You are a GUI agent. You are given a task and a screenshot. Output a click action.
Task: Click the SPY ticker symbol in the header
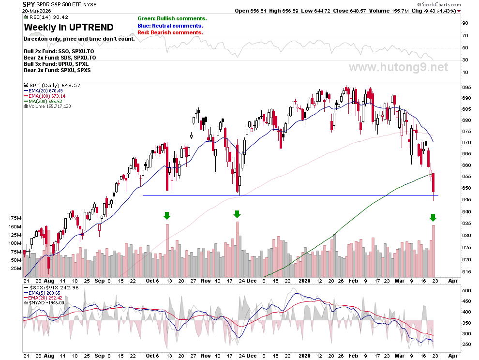[x=29, y=4]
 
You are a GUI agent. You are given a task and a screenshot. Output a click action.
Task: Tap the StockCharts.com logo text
[x=439, y=4]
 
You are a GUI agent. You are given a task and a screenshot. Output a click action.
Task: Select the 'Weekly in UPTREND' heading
[x=69, y=27]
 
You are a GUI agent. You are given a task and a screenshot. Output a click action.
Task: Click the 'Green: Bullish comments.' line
[x=172, y=19]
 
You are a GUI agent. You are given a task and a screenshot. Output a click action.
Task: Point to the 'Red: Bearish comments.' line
[x=170, y=32]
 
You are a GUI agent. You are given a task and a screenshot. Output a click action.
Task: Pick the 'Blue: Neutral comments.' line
[x=170, y=26]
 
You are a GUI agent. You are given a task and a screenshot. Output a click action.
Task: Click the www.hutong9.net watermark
[x=399, y=67]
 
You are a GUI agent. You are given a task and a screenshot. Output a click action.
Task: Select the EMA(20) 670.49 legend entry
[x=44, y=91]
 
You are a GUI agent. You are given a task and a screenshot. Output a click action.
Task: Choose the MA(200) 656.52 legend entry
[x=43, y=101]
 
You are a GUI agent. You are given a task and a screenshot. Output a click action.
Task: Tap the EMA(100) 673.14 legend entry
[x=45, y=96]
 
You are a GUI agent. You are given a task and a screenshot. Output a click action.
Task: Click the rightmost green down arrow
[x=433, y=218]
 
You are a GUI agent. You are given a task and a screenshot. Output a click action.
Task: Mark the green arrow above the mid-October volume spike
[x=166, y=215]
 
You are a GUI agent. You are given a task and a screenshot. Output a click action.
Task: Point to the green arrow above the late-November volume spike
[x=237, y=214]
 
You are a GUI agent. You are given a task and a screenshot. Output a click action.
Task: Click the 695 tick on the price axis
[x=466, y=88]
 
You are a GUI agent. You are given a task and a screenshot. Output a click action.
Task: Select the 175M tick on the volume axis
[x=15, y=218]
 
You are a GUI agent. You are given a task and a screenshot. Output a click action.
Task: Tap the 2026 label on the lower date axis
[x=304, y=356]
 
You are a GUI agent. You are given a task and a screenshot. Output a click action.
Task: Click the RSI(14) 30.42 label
[x=46, y=17]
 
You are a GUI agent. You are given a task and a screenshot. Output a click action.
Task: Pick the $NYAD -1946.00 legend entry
[x=44, y=302]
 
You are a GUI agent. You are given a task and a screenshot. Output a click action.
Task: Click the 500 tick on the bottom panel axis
[x=466, y=291]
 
